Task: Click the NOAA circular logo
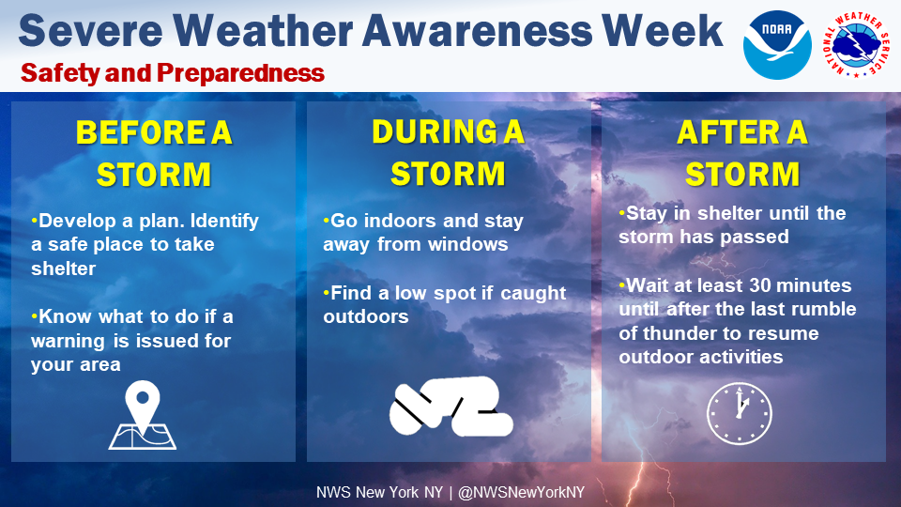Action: click(x=777, y=45)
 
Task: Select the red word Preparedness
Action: click(x=240, y=73)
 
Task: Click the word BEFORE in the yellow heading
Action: click(x=140, y=132)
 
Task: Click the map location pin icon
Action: click(x=143, y=415)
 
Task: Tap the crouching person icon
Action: click(x=451, y=406)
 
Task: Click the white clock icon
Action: click(x=739, y=413)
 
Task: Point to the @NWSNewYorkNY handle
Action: click(x=521, y=493)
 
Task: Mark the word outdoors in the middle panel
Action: click(x=366, y=316)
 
